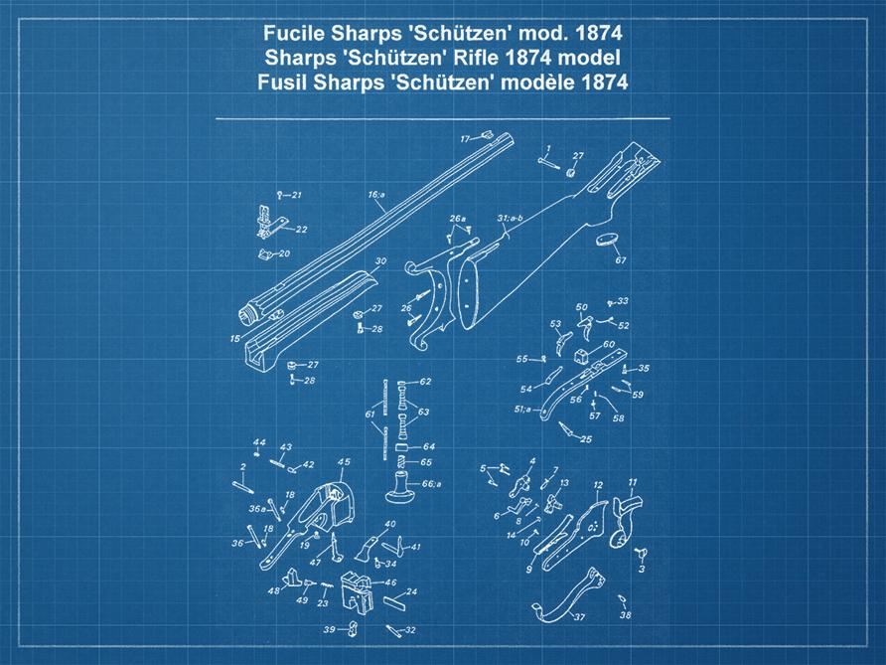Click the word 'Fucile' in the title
click(293, 32)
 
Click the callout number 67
click(621, 260)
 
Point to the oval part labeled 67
click(607, 240)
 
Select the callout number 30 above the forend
click(379, 260)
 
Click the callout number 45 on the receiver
click(344, 461)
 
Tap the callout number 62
click(425, 382)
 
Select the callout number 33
click(623, 300)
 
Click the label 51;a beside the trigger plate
click(521, 409)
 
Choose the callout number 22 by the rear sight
click(301, 229)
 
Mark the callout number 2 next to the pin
click(242, 466)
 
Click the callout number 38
click(625, 615)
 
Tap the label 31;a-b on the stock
click(510, 217)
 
